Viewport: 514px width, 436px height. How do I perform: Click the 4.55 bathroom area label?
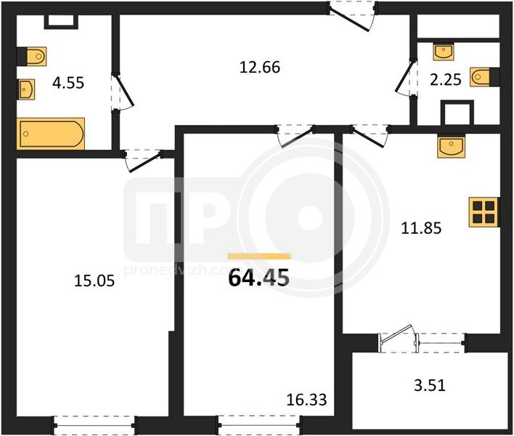coord(68,83)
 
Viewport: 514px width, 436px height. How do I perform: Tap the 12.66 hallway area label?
coord(260,68)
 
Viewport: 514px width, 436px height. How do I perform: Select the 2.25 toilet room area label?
coord(446,80)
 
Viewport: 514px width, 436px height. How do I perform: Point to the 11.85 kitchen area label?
coord(421,228)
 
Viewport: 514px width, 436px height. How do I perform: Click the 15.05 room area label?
coord(94,281)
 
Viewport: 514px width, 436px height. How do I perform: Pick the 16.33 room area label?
coord(306,400)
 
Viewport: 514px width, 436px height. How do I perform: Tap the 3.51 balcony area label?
coord(430,385)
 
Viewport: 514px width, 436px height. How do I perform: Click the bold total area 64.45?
coord(259,278)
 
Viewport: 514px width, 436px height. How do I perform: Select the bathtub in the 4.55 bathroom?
coord(51,134)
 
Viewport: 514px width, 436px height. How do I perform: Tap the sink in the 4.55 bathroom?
coord(27,89)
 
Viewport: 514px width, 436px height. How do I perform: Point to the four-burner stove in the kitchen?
coord(484,212)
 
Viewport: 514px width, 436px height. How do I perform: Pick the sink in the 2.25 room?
coord(444,52)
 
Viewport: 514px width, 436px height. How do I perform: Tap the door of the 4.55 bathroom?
coord(123,92)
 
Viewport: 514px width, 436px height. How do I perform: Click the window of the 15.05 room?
coord(94,426)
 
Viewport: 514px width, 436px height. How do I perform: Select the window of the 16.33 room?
coord(260,426)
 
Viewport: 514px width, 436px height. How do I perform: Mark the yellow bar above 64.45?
coord(259,257)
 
